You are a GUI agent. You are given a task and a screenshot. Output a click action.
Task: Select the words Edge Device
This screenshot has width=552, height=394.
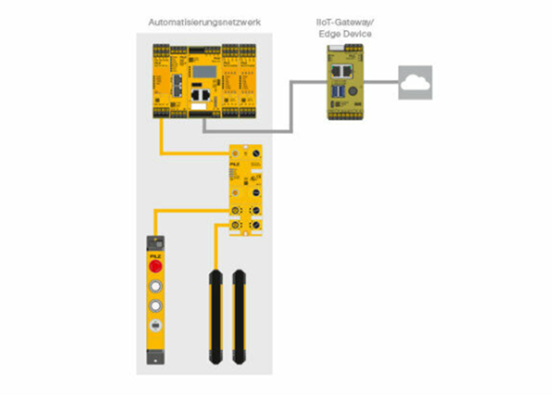(341, 35)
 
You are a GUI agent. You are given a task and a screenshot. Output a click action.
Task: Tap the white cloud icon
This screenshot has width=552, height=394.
(415, 82)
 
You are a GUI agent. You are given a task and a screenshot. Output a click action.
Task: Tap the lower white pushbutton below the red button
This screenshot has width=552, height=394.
(154, 307)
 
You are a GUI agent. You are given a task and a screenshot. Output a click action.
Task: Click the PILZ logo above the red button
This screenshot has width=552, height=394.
(154, 254)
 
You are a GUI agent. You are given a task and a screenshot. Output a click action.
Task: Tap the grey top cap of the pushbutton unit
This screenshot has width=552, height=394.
(154, 243)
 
